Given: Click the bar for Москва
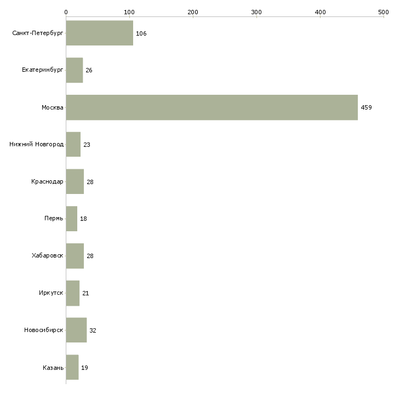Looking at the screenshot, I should [x=212, y=107].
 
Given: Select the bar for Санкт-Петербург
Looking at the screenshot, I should [x=99, y=33].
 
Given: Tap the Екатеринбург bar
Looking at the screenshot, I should [x=74, y=71].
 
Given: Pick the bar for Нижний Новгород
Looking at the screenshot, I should [x=73, y=145].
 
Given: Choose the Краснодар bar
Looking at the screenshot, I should [x=75, y=182].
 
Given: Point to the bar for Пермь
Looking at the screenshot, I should [x=71, y=219].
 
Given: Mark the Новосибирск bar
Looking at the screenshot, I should [x=76, y=330].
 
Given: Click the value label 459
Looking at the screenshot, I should [x=366, y=108].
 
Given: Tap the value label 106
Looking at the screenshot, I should [x=141, y=34].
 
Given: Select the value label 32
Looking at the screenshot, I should [x=93, y=330].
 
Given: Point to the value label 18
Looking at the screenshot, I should [x=83, y=219].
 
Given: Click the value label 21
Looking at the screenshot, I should [x=85, y=293].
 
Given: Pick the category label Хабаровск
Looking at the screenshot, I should [x=47, y=256].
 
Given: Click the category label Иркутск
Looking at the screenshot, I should [x=51, y=293].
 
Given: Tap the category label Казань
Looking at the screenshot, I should [x=53, y=367].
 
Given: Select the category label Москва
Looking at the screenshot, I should [x=52, y=107].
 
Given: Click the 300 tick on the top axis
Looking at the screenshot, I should [x=256, y=12].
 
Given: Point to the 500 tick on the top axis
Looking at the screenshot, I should [x=384, y=12].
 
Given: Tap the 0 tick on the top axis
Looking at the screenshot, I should [x=66, y=12].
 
